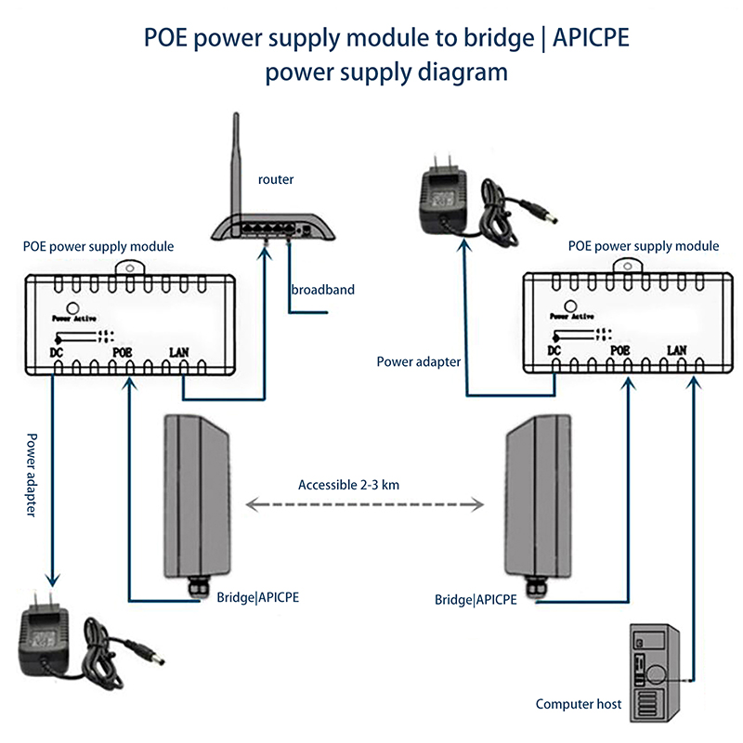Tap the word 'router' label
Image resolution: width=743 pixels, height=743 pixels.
click(276, 180)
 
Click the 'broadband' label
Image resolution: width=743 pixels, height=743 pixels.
click(322, 290)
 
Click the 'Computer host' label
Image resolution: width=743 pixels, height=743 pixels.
click(578, 704)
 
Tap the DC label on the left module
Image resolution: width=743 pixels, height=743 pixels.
click(57, 352)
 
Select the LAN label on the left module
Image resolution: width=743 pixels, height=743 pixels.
click(179, 352)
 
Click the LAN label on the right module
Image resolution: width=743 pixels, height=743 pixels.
click(677, 351)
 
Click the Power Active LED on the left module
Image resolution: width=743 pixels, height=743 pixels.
click(68, 309)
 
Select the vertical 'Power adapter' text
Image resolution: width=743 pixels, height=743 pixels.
click(31, 475)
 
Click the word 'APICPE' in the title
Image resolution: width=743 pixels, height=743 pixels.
click(590, 39)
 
